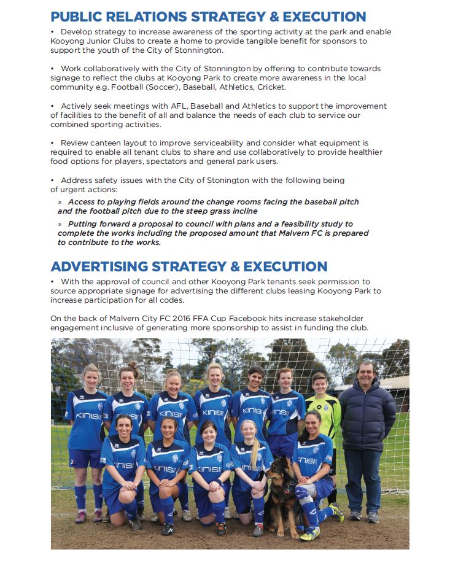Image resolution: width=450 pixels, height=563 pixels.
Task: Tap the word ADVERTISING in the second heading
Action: click(x=99, y=266)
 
